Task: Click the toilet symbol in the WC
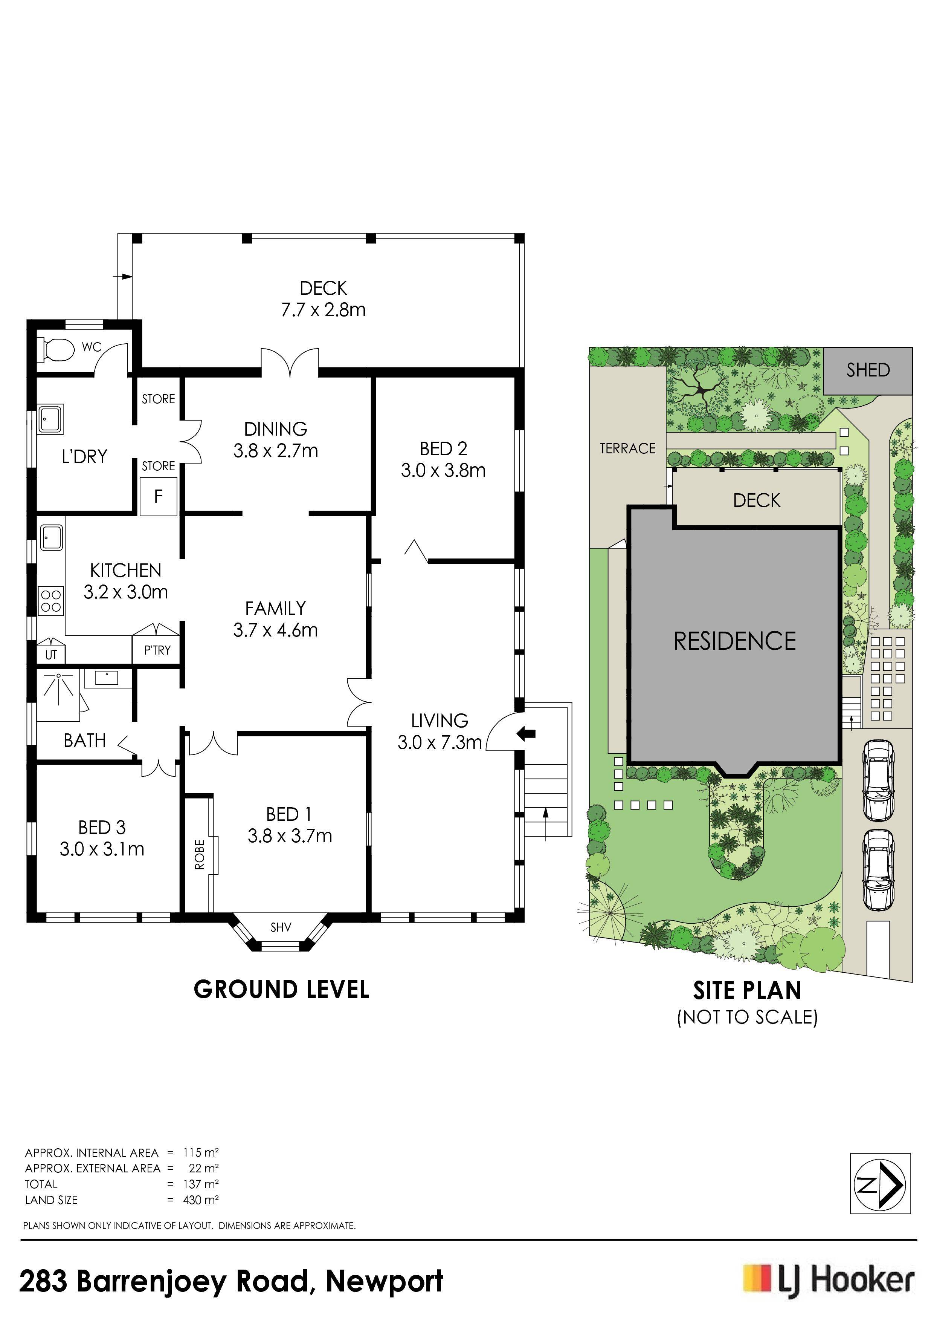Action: (56, 349)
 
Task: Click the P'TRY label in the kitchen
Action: (157, 650)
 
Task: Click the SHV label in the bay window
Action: (281, 927)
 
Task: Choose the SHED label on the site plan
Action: (868, 370)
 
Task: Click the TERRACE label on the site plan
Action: (627, 448)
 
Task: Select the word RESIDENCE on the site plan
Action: (735, 641)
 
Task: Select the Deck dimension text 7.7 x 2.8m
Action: (324, 310)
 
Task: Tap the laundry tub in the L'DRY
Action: (50, 419)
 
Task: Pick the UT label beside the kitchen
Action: (51, 655)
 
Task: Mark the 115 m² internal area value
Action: (201, 1152)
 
